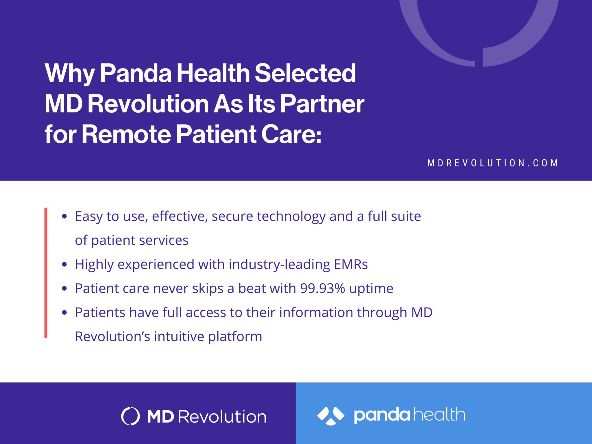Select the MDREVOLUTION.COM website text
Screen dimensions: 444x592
click(x=493, y=163)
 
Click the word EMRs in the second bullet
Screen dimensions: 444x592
click(x=351, y=264)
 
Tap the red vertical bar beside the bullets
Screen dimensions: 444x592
click(x=46, y=272)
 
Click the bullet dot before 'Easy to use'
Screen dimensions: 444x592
click(x=64, y=216)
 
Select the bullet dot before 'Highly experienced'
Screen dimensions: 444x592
click(x=64, y=264)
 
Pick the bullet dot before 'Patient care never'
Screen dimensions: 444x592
click(x=64, y=288)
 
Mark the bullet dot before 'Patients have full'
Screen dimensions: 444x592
click(x=64, y=312)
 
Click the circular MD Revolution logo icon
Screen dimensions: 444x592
click(x=130, y=416)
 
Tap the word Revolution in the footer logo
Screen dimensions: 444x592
click(x=222, y=417)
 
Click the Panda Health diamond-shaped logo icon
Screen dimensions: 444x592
click(x=331, y=416)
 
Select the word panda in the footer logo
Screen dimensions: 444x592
click(x=382, y=415)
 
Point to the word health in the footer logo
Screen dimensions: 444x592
click(x=439, y=415)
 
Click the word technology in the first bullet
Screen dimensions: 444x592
click(x=291, y=217)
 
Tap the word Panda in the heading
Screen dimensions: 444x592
click(x=136, y=73)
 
